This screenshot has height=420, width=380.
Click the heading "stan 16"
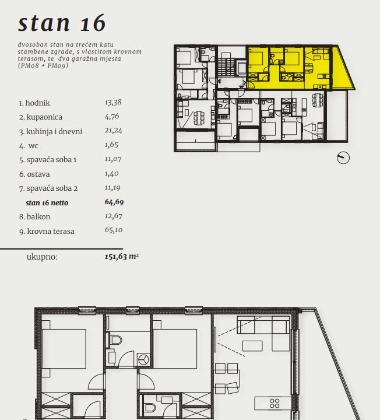pyautogui.click(x=62, y=23)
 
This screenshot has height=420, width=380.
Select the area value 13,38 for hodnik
pyautogui.click(x=113, y=102)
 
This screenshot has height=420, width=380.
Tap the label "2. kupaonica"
pyautogui.click(x=41, y=117)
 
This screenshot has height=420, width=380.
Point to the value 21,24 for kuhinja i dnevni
pyautogui.click(x=114, y=131)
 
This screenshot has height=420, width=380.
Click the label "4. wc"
pyautogui.click(x=29, y=146)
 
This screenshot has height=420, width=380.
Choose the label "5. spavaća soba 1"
pyautogui.click(x=48, y=160)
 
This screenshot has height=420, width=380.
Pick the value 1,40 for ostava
pyautogui.click(x=111, y=173)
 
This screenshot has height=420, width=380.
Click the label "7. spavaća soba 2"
pyautogui.click(x=48, y=188)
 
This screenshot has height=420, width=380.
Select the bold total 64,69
pyautogui.click(x=114, y=202)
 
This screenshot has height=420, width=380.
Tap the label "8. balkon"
pyautogui.click(x=35, y=216)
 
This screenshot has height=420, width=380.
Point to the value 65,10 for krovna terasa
pyautogui.click(x=114, y=230)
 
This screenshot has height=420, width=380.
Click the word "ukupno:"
pyautogui.click(x=42, y=257)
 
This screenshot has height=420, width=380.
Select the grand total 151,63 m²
pyautogui.click(x=121, y=256)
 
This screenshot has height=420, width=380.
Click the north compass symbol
pyautogui.click(x=343, y=157)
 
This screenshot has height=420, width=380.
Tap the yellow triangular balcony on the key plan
pyautogui.click(x=342, y=72)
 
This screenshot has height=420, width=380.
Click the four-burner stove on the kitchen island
pyautogui.click(x=275, y=403)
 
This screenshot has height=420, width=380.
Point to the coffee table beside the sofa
pyautogui.click(x=252, y=346)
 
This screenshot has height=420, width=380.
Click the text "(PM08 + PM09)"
pyautogui.click(x=43, y=65)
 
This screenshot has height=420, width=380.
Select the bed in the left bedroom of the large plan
pyautogui.click(x=64, y=349)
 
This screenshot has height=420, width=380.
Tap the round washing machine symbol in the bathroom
pyautogui.click(x=144, y=359)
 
